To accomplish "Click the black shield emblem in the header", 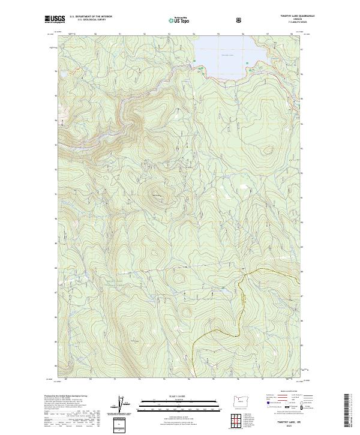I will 240,20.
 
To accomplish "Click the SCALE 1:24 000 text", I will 179,397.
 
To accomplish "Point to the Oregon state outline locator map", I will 243,401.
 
